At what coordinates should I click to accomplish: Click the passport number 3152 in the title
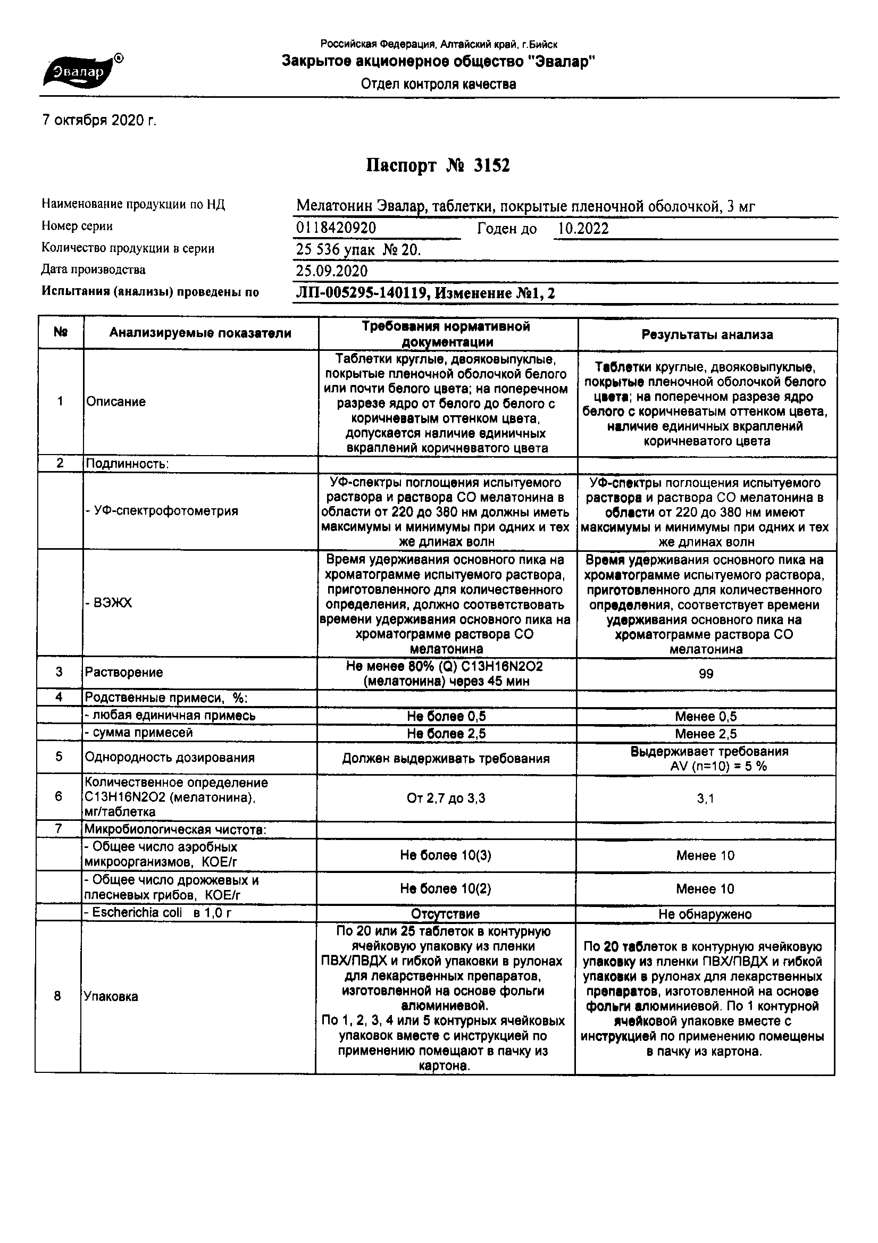[x=491, y=166]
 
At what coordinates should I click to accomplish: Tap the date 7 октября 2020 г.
[x=99, y=120]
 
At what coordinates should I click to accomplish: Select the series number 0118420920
[x=336, y=228]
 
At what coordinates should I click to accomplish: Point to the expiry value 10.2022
[x=583, y=229]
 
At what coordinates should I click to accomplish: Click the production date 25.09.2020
[x=331, y=271]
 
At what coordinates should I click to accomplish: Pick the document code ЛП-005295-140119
[x=362, y=293]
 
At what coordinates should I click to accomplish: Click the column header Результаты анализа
[x=707, y=334]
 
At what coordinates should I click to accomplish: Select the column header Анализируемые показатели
[x=200, y=333]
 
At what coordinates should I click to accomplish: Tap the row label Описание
[x=116, y=402]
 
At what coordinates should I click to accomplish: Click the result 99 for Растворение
[x=706, y=674]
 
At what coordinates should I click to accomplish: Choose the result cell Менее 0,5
[x=706, y=717]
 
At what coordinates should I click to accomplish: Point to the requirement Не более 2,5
[x=446, y=734]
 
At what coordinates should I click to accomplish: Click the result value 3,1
[x=705, y=799]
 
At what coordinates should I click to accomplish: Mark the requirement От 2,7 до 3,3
[x=446, y=798]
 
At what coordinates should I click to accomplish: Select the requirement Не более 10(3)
[x=446, y=855]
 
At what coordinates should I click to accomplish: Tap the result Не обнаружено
[x=705, y=914]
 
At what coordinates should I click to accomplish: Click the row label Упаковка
[x=111, y=997]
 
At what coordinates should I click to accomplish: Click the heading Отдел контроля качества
[x=439, y=85]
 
